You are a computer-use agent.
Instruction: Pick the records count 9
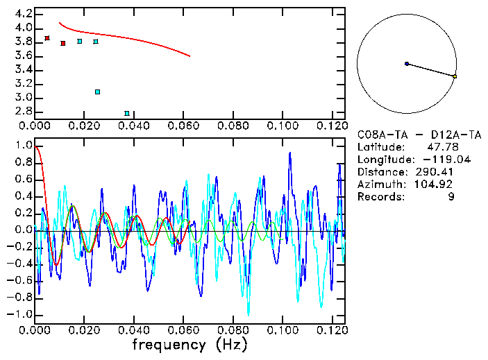pyautogui.click(x=451, y=197)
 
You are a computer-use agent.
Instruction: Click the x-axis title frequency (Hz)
pyautogui.click(x=190, y=344)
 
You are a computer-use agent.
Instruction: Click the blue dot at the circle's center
pyautogui.click(x=407, y=64)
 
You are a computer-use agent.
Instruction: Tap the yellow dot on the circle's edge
pyautogui.click(x=455, y=76)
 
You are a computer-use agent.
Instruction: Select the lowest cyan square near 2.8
pyautogui.click(x=127, y=113)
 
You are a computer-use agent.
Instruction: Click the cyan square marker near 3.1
pyautogui.click(x=98, y=92)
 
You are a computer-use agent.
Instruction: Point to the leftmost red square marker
pyautogui.click(x=47, y=38)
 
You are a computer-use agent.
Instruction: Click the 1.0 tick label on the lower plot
pyautogui.click(x=22, y=146)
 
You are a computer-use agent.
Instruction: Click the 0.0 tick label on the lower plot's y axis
pyautogui.click(x=22, y=230)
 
